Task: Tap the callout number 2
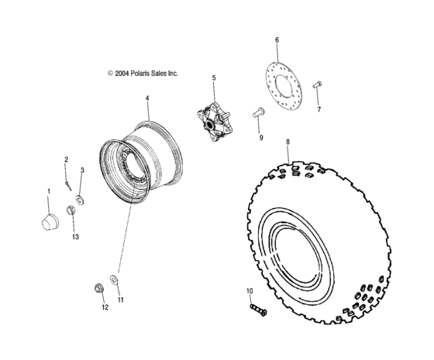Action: click(66, 160)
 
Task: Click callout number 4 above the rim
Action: click(146, 100)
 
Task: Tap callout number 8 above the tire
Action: click(288, 143)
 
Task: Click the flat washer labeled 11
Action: click(115, 279)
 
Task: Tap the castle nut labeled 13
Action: click(72, 211)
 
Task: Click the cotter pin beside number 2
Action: click(69, 183)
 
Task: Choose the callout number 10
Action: click(250, 293)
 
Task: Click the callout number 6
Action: click(277, 39)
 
